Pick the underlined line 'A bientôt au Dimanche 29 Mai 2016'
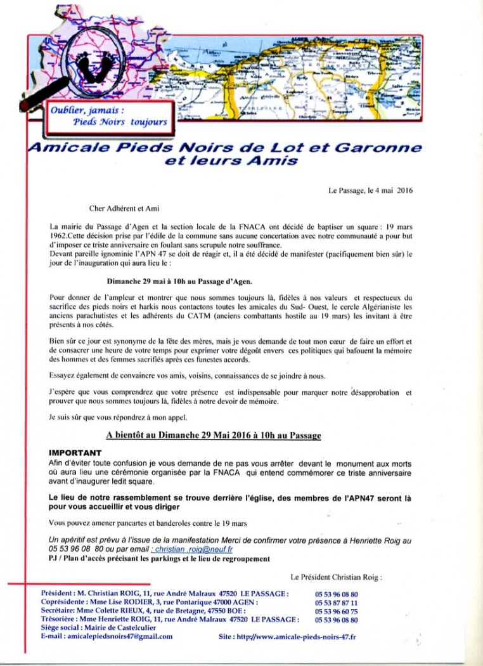pos(213,436)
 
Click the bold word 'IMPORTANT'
pos(75,453)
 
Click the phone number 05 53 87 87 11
pos(336,603)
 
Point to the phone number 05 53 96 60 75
pos(336,611)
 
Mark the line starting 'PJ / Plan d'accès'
pos(159,559)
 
